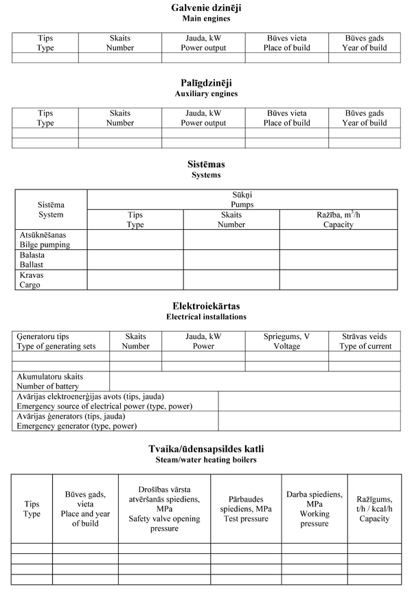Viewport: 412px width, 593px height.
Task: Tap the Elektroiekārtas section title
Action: pos(205,306)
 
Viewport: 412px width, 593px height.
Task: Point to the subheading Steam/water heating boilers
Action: pos(205,459)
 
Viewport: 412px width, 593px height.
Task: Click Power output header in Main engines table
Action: pos(203,43)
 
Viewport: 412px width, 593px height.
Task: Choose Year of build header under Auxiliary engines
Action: pos(364,118)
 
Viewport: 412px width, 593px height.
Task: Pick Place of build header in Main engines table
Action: pos(286,43)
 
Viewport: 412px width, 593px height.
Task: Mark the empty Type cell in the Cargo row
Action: pos(135,279)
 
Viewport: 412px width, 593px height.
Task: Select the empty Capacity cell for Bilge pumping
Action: pos(338,240)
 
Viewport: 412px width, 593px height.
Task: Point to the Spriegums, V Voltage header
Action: pos(286,342)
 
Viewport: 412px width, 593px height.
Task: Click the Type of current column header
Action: pos(365,342)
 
